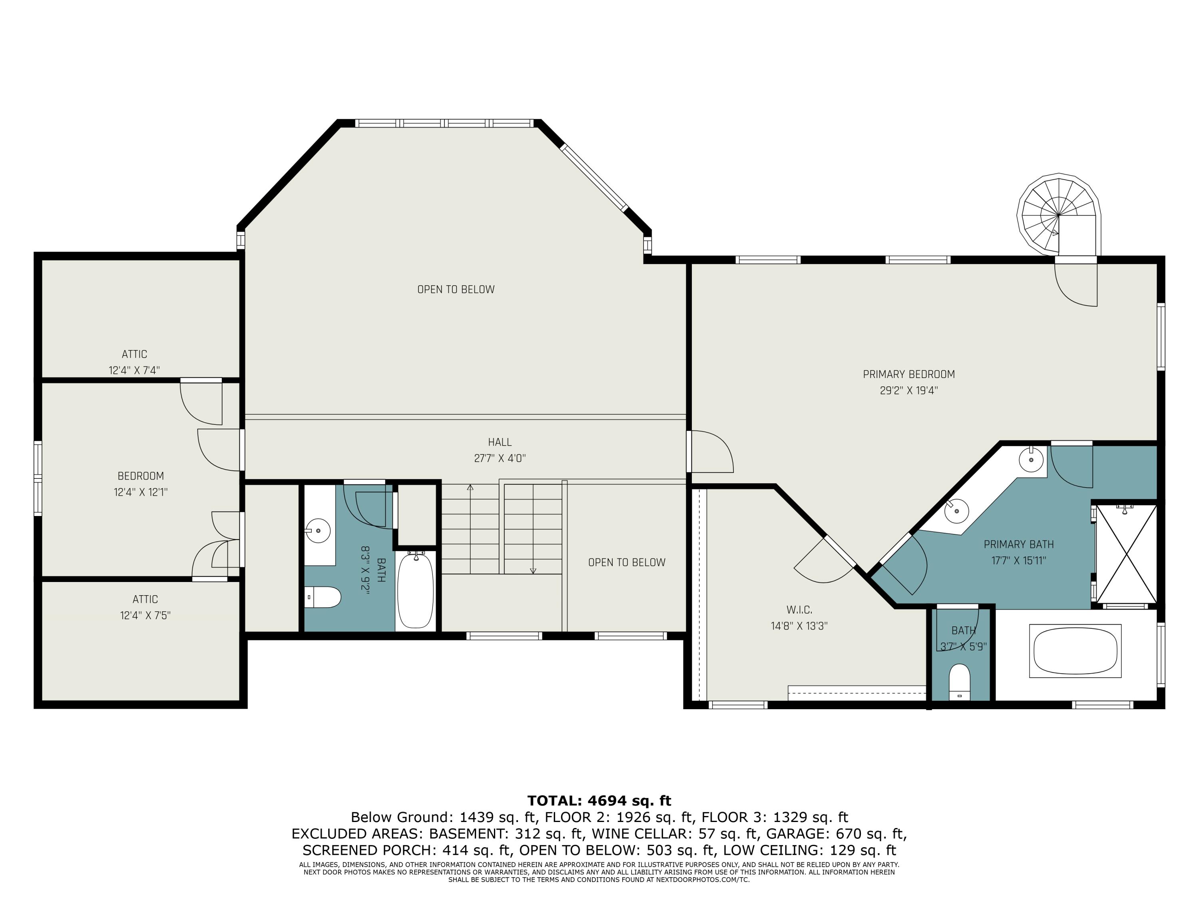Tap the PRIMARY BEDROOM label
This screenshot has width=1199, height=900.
click(x=908, y=374)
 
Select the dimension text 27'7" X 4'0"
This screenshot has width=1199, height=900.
click(x=499, y=458)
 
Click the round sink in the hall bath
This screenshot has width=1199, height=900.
click(x=318, y=530)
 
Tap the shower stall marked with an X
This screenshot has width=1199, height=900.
click(x=1126, y=553)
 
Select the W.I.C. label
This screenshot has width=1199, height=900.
click(x=799, y=610)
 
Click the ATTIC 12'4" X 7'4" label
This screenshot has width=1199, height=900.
click(x=134, y=362)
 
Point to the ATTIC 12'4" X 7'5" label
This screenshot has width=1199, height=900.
click(x=145, y=607)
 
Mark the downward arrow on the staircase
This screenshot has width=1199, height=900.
click(x=533, y=570)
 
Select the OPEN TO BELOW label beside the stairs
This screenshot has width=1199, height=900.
click(x=627, y=562)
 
